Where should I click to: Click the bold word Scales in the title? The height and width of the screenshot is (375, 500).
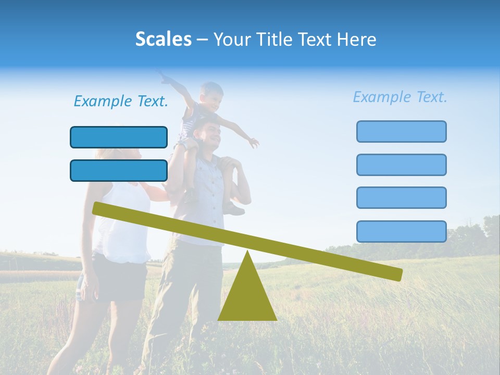[x=163, y=39]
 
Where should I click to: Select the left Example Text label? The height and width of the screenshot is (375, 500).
[x=121, y=102]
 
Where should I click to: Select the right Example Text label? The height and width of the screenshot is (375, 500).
[x=400, y=97]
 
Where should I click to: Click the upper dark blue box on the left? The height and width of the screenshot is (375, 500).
[x=119, y=137]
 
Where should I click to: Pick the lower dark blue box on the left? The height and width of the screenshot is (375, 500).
[x=119, y=170]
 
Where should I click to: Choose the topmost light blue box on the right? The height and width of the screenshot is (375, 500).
[x=401, y=131]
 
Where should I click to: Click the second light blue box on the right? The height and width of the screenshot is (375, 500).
[x=401, y=165]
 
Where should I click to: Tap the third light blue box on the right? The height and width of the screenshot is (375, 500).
[x=401, y=197]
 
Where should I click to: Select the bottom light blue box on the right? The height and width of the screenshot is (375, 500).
[x=401, y=231]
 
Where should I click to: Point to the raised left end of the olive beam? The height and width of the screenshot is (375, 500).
[x=97, y=208]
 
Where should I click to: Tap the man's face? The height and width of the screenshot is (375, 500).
[x=212, y=134]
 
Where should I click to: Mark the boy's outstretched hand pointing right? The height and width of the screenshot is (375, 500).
[x=253, y=142]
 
